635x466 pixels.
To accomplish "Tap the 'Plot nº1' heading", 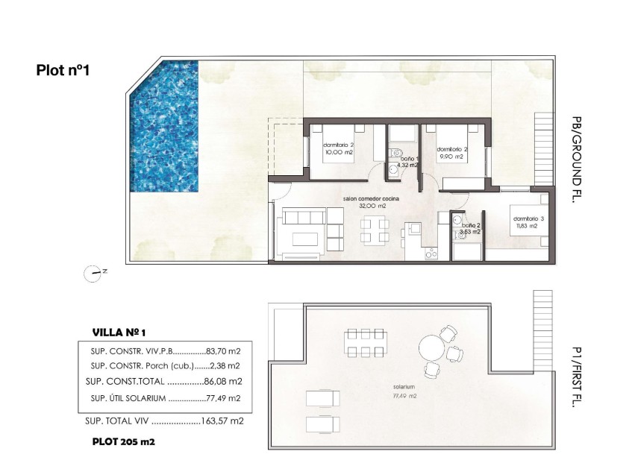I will tap(63, 71).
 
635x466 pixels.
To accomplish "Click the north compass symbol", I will tap(93, 273).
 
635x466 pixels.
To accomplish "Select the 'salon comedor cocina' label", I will tap(371, 199).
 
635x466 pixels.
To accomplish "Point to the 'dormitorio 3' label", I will tap(528, 218).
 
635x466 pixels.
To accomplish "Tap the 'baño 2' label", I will tap(472, 225).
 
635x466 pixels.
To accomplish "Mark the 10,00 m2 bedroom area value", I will tap(338, 152).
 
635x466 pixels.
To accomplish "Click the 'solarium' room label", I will tap(406, 388).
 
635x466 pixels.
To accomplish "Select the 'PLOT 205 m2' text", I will tap(123, 441).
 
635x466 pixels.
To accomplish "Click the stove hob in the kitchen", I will tap(431, 254).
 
